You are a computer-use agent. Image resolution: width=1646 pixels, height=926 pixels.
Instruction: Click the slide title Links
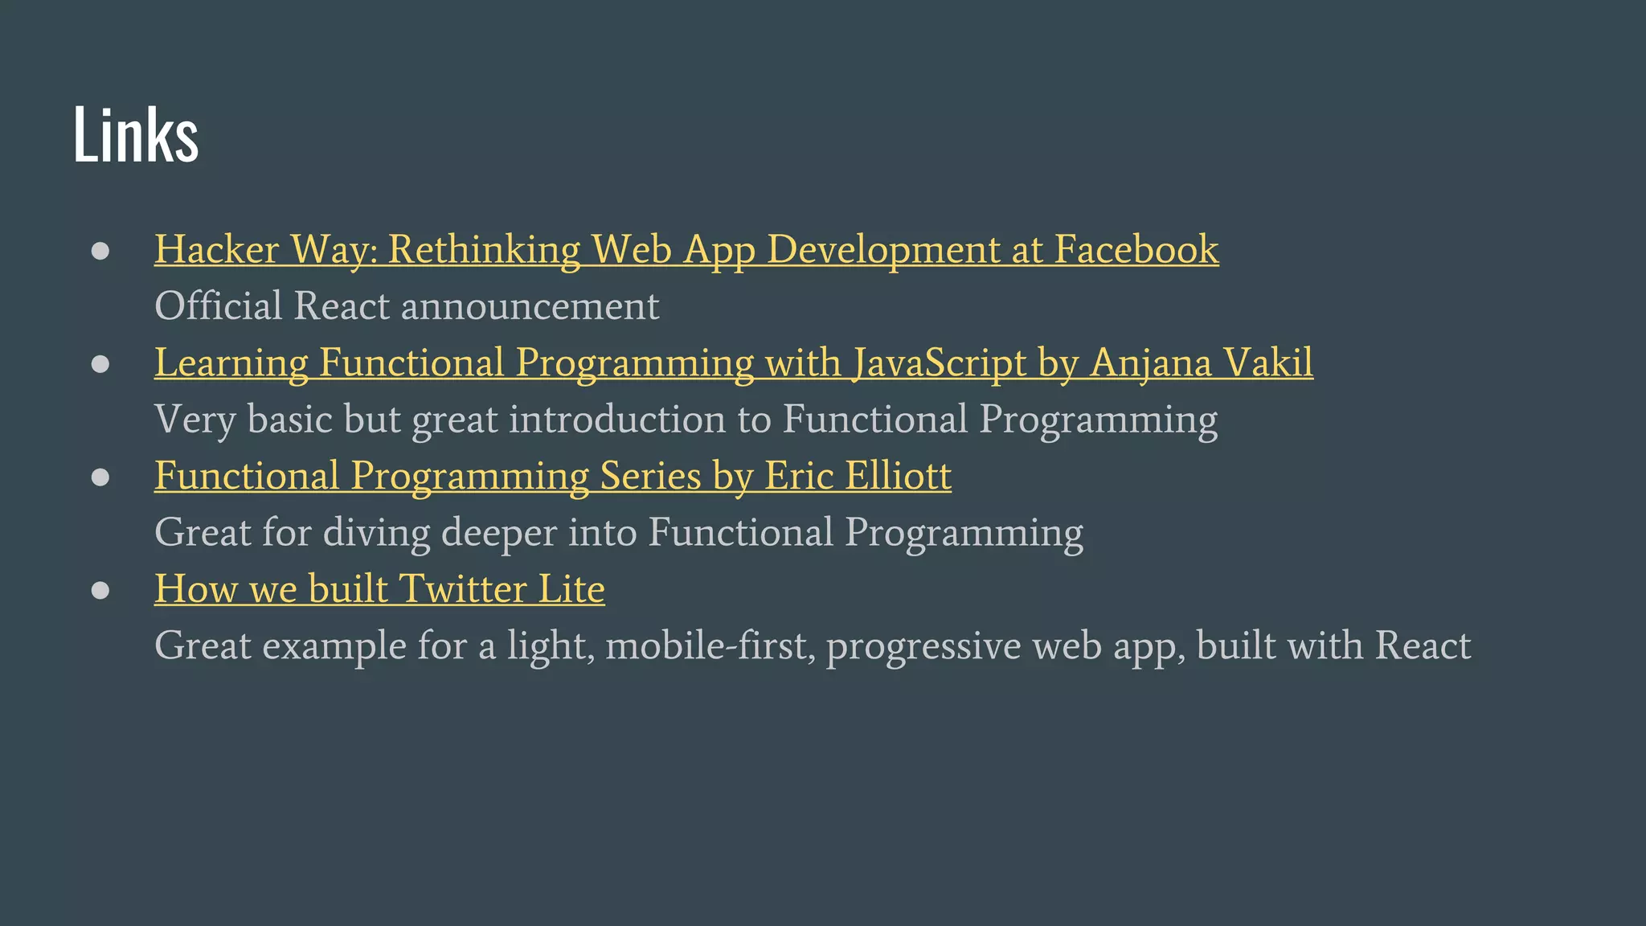point(135,134)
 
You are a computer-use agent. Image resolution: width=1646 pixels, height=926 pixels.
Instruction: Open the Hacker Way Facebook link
point(686,249)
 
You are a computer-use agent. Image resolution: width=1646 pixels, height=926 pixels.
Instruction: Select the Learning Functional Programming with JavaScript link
point(733,363)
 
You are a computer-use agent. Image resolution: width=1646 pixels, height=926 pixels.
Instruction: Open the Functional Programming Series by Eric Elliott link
point(552,476)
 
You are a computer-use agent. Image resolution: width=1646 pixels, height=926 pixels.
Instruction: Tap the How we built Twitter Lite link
point(379,589)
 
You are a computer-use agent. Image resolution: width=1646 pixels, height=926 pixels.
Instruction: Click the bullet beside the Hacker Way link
point(100,251)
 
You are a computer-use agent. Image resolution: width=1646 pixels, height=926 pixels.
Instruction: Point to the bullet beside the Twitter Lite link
point(100,591)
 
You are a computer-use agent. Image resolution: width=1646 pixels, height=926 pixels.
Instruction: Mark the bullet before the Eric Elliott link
point(100,477)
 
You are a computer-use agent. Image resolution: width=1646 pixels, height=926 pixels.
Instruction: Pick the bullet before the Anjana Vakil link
point(100,364)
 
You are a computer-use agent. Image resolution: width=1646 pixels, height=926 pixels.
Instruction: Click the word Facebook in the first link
point(1136,249)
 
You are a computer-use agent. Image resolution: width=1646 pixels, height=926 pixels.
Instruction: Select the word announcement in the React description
point(530,306)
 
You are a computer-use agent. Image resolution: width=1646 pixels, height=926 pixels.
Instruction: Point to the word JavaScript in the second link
point(939,363)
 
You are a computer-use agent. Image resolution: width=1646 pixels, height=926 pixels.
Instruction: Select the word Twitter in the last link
point(462,589)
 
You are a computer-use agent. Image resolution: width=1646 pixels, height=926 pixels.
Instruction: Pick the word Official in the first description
point(218,306)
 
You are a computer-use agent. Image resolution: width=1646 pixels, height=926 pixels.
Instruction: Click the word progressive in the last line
point(923,646)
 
